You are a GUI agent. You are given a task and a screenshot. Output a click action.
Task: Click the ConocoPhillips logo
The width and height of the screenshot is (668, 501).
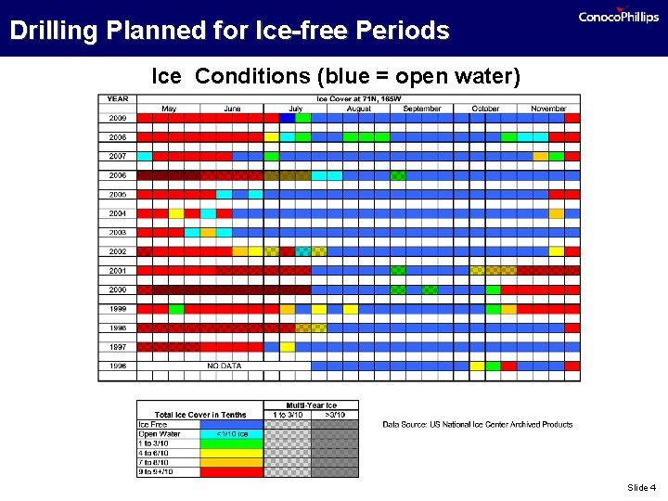618,16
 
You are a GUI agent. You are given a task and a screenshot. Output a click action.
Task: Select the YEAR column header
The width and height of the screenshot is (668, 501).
118,98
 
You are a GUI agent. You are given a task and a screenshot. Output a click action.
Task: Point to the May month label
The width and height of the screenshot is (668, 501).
169,109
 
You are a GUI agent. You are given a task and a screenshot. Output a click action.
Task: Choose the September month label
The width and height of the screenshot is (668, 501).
422,109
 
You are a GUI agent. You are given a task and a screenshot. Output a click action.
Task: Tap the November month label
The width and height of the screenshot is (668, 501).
548,109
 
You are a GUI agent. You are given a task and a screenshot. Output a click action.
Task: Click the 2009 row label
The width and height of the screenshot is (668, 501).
118,118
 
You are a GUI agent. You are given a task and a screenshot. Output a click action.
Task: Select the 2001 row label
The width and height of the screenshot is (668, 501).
118,271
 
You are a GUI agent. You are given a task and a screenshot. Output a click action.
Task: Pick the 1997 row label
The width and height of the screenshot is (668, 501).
118,347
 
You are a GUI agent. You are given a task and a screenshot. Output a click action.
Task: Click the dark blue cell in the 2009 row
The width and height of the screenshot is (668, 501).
287,118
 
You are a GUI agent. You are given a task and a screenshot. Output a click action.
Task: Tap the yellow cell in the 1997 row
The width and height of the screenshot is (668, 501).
288,347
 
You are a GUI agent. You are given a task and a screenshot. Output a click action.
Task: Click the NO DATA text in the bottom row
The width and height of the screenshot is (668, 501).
225,366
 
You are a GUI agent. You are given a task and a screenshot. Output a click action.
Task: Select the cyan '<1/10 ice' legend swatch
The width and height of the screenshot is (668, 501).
231,433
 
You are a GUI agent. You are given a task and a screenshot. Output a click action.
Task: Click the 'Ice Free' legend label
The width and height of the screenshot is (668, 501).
154,424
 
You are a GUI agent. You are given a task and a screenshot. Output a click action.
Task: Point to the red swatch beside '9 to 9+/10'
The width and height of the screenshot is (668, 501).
231,472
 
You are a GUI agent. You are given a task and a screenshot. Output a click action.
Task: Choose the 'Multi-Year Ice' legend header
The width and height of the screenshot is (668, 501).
311,405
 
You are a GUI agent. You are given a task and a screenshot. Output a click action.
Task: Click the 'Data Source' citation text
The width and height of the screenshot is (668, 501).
478,425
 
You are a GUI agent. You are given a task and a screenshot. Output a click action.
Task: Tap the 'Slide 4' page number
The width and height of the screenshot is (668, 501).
641,487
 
